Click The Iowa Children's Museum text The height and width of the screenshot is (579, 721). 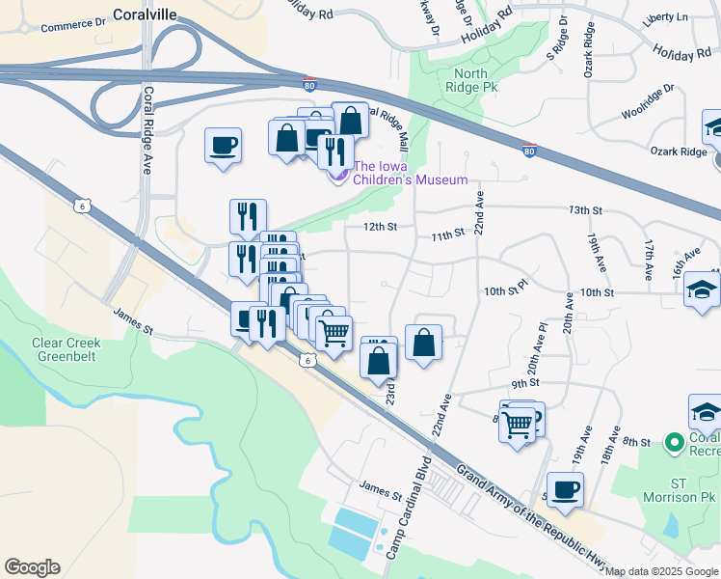click(x=410, y=173)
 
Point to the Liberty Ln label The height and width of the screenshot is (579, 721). click(x=669, y=16)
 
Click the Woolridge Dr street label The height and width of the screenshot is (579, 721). click(x=648, y=102)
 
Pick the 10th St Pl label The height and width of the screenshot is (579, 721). click(x=506, y=289)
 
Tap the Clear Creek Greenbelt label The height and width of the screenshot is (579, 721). click(x=66, y=348)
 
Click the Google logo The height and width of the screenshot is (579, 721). click(x=32, y=567)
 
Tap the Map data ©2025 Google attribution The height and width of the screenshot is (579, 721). click(x=661, y=571)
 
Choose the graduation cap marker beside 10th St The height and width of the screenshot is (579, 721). click(x=703, y=289)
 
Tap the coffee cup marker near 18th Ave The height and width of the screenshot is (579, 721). click(x=565, y=489)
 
